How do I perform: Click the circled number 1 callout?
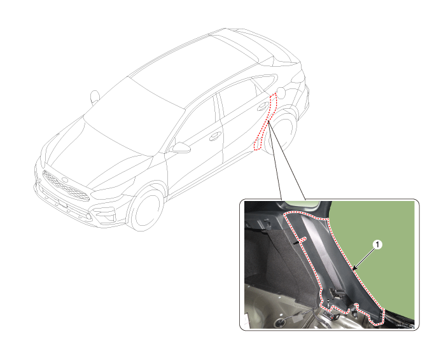377,244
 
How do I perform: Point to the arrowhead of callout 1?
354,268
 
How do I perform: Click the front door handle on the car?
215,136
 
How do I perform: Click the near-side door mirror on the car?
180,148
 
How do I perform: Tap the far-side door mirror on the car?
95,97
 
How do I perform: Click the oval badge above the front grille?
65,180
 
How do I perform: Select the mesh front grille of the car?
66,186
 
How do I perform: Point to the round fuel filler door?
282,92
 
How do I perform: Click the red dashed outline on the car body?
265,121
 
